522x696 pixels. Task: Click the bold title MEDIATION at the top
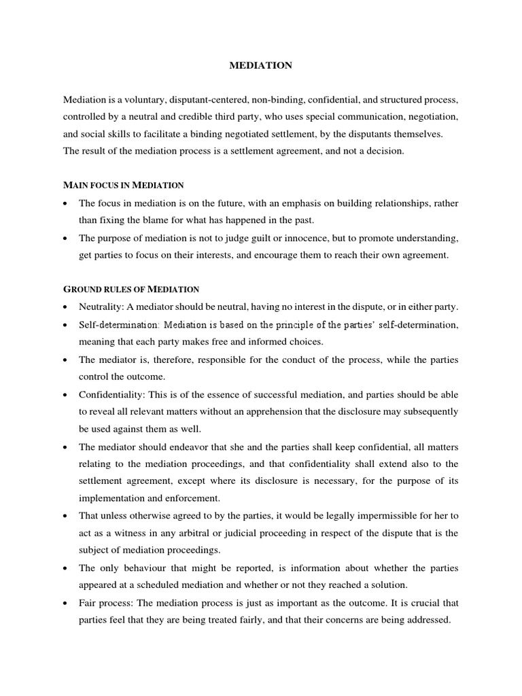tap(261, 65)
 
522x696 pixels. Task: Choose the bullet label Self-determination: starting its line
tap(119, 324)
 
